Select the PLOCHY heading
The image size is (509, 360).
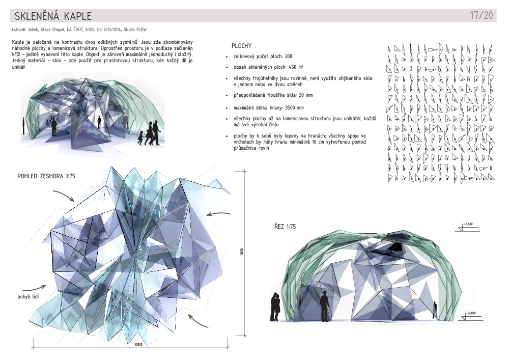[x=241, y=46]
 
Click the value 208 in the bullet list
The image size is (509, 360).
[x=289, y=57]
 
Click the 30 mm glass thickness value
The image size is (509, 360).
[x=305, y=95]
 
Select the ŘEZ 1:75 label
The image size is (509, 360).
[x=285, y=227]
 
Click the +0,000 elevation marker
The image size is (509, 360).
[x=470, y=313]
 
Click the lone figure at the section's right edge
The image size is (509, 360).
[x=435, y=310]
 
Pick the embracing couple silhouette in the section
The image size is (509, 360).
[x=275, y=307]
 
